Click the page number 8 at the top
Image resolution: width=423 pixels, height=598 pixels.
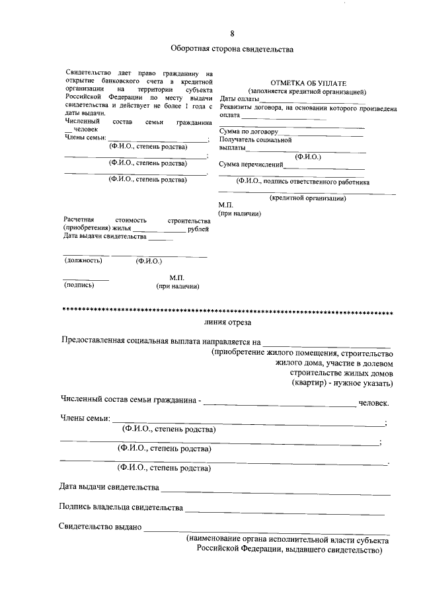coord(231,34)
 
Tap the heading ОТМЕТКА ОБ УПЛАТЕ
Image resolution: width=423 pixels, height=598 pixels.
coord(304,81)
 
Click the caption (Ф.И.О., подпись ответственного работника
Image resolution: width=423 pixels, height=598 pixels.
coord(303,181)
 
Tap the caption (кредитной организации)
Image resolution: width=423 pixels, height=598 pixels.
coord(308,198)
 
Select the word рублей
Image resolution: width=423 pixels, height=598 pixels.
coord(198,229)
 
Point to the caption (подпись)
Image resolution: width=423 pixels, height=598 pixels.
coord(79,285)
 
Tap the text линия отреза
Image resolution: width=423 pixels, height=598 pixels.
coord(227,322)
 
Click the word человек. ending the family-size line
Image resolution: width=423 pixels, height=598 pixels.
coord(373,402)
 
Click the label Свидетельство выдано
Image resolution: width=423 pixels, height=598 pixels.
coord(100,527)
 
